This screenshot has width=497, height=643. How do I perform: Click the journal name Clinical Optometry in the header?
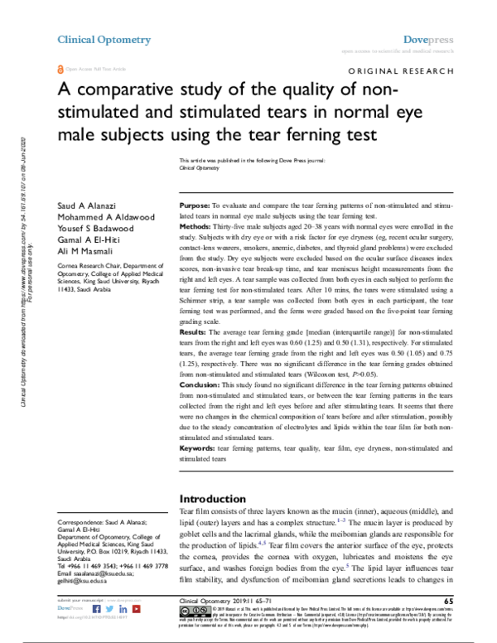click(104, 39)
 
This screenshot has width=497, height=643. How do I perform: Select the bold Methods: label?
click(199, 225)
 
